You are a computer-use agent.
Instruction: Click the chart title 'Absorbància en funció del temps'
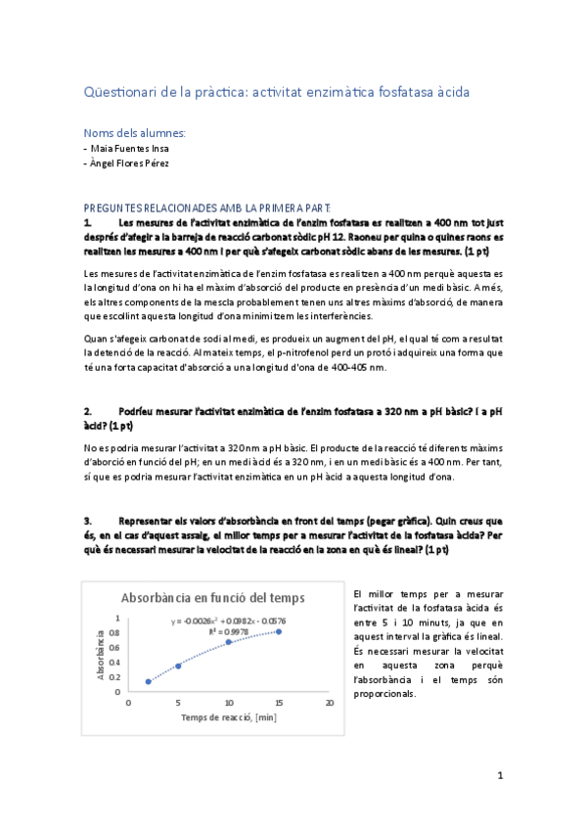[212, 598]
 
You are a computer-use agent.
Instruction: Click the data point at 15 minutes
[278, 631]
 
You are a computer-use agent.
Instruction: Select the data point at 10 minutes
[228, 642]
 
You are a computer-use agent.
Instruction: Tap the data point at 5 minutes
[178, 666]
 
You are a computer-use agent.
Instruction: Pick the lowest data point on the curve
[148, 681]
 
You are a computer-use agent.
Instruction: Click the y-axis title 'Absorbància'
[100, 654]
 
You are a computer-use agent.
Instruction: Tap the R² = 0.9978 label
[228, 632]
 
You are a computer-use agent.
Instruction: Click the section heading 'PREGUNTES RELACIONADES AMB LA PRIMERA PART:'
[207, 207]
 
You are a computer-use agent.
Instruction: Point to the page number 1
[500, 776]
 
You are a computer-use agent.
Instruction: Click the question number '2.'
[88, 412]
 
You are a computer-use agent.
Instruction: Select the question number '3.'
[88, 521]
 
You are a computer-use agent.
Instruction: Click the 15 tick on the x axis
[279, 702]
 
